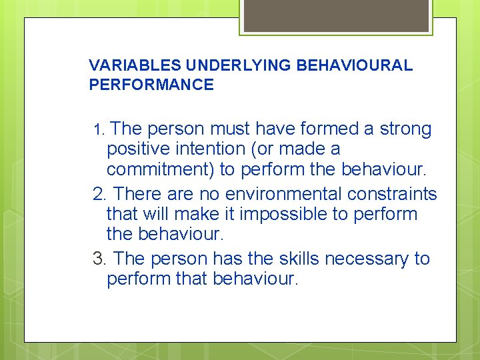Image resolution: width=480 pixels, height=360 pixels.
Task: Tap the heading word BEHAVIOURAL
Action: (x=355, y=65)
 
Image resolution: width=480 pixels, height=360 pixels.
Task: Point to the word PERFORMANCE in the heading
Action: (x=151, y=85)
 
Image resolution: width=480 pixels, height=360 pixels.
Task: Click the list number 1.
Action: (x=98, y=129)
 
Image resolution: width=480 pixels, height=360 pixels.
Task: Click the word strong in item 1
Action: (x=406, y=129)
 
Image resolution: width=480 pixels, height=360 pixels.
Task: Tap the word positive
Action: (x=141, y=149)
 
